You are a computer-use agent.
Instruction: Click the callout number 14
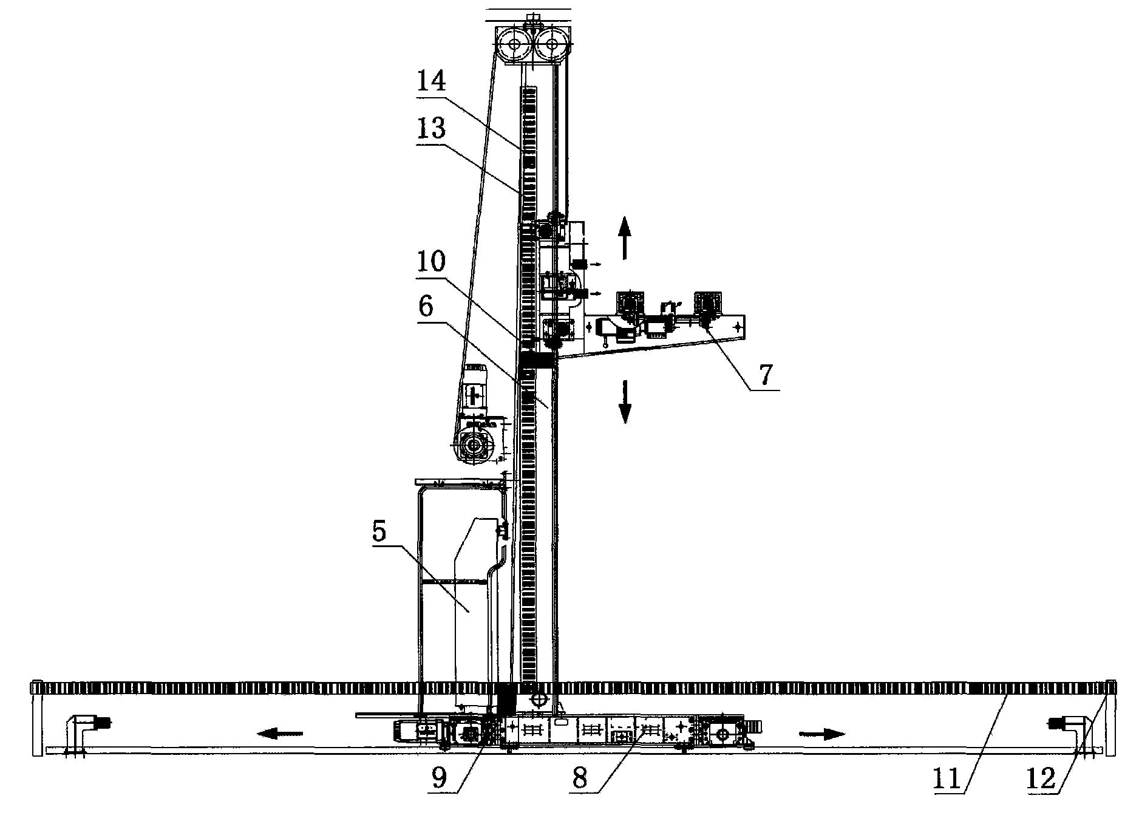[x=432, y=81]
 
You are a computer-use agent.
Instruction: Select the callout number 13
[x=432, y=129]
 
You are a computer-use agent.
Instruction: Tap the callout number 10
[x=432, y=262]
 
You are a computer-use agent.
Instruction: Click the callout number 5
[x=379, y=531]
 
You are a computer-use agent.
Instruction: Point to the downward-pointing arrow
[x=624, y=401]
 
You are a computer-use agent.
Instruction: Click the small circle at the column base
[x=538, y=700]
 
